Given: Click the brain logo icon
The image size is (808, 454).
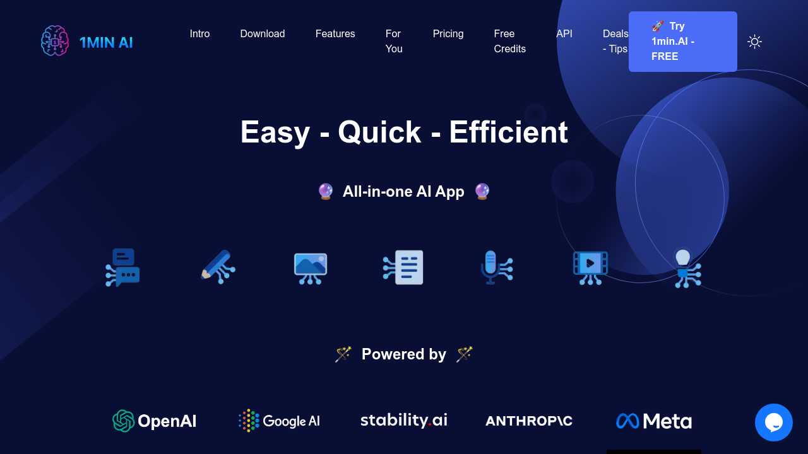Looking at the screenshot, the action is (x=55, y=41).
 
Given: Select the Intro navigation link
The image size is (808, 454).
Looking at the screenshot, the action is (x=199, y=33).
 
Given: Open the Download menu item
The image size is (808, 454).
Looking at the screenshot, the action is (x=263, y=33).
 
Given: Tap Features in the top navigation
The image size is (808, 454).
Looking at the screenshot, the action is (x=335, y=33).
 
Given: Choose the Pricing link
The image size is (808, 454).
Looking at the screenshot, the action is (x=448, y=34).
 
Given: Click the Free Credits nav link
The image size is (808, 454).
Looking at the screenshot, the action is (x=509, y=41).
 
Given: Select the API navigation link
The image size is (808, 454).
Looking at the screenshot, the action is (x=564, y=33).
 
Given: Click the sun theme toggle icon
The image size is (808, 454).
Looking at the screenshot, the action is (x=754, y=42).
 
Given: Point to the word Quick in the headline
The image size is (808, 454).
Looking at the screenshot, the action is (x=379, y=132).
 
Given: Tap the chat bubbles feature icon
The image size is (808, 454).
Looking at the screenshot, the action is (x=122, y=267).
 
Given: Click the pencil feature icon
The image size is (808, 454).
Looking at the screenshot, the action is (x=218, y=267).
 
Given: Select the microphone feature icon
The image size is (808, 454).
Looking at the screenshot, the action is (x=497, y=267).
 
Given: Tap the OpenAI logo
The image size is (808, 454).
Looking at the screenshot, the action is (x=155, y=421).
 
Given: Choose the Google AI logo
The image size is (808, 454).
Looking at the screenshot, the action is (x=279, y=421).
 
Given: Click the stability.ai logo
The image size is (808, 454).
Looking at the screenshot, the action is (x=403, y=420).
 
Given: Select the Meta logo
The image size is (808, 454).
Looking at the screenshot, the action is (x=654, y=421).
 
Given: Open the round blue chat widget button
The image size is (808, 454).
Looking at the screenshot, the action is (x=774, y=422).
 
